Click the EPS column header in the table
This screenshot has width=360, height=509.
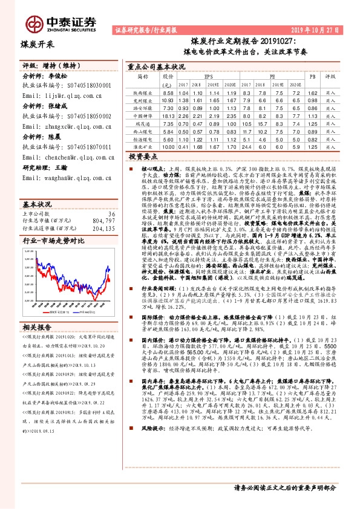(209, 77)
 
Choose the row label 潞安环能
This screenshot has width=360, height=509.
(143, 107)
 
